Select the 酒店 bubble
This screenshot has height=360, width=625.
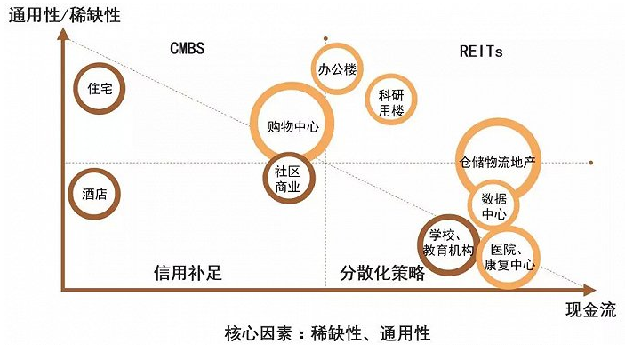tap(95, 193)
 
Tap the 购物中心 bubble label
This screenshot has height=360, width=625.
tap(292, 126)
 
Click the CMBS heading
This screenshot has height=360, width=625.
tap(187, 49)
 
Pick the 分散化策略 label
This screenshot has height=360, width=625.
tap(382, 272)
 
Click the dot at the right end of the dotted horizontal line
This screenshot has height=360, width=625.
tap(591, 163)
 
